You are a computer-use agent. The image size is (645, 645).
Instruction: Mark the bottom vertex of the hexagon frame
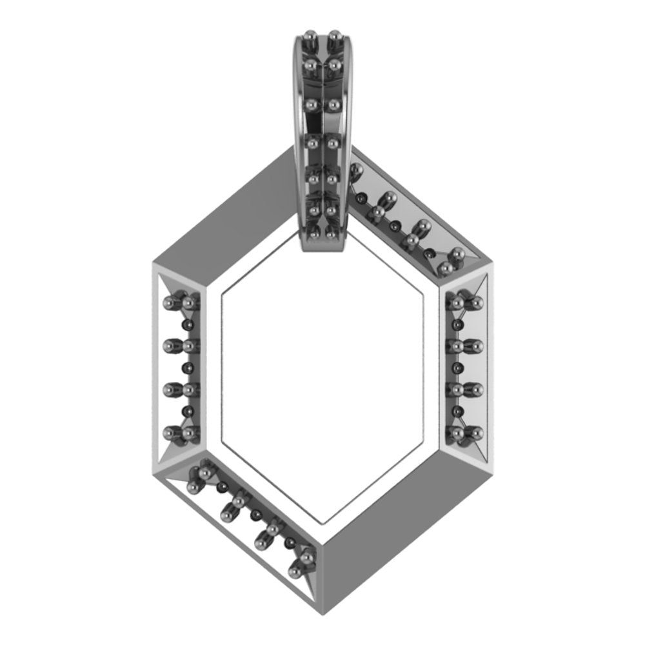click(x=322, y=603)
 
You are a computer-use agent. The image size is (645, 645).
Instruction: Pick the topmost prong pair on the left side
click(x=181, y=302)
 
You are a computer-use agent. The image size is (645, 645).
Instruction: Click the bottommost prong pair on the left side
click(x=181, y=433)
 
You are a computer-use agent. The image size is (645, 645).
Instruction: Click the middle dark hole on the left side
click(x=188, y=368)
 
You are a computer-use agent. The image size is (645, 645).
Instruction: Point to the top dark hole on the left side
click(x=188, y=324)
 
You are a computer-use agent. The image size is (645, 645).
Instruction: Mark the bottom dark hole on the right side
click(x=459, y=410)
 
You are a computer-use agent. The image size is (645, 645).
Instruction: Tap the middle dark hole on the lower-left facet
click(x=257, y=514)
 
